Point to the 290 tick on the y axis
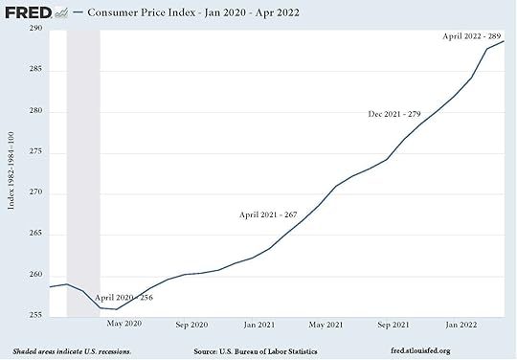[x=34, y=30]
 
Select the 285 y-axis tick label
[x=34, y=71]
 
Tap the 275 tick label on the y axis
[x=34, y=152]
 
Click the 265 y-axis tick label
[x=34, y=234]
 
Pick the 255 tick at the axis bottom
[x=34, y=315]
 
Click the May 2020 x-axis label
[x=124, y=326]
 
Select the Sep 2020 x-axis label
[x=191, y=326]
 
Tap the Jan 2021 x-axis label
[x=259, y=326]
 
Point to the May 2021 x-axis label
[x=326, y=326]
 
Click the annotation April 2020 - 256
[x=124, y=298]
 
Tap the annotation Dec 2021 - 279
[x=394, y=114]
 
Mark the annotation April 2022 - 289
[x=473, y=35]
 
